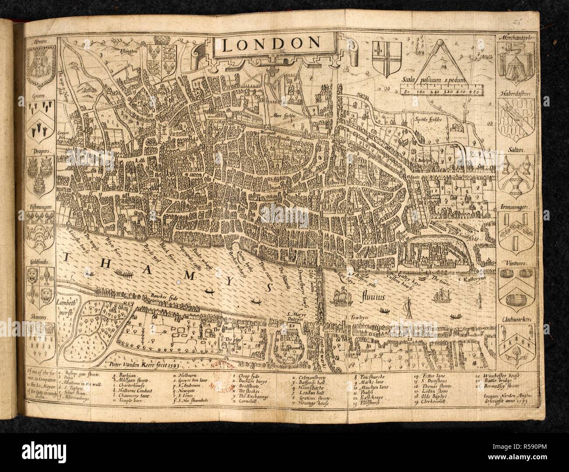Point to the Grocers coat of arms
43,121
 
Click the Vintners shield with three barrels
518,287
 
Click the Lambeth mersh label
67,304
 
